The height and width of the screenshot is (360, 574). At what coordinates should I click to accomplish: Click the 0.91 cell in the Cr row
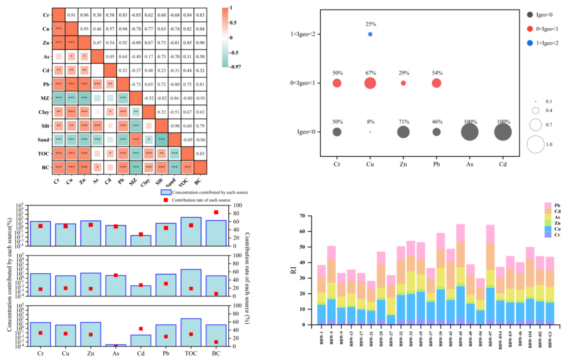click(x=71, y=15)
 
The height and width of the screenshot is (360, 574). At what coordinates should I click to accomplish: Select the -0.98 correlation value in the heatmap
click(x=174, y=126)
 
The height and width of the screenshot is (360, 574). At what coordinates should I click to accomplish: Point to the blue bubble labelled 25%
click(x=370, y=34)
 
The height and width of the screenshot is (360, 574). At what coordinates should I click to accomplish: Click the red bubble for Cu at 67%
click(x=370, y=83)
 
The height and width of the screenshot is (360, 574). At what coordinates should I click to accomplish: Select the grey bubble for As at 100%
click(x=470, y=132)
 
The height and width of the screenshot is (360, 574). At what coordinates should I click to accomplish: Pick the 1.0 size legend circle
click(x=535, y=144)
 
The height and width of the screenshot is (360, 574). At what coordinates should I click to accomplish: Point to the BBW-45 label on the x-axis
click(x=460, y=340)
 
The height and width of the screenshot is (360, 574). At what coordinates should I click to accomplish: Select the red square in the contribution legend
click(x=166, y=200)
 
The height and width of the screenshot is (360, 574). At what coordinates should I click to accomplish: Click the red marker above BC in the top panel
click(x=216, y=212)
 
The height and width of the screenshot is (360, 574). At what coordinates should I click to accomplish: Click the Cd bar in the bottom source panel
click(x=141, y=340)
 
